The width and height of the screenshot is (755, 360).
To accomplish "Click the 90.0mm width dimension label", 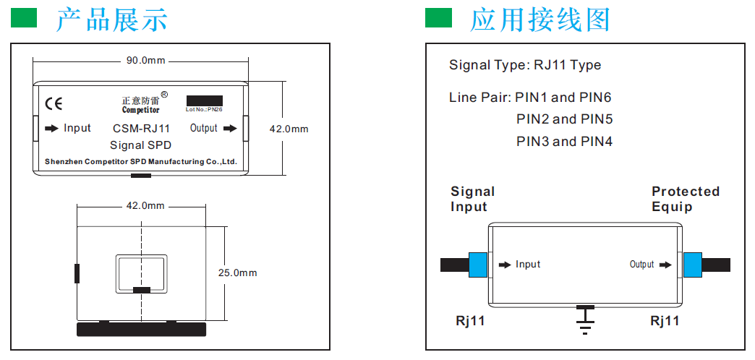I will pyautogui.click(x=146, y=61).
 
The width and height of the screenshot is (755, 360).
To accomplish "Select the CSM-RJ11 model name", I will pyautogui.click(x=142, y=129).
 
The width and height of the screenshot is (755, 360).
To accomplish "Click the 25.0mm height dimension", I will pyautogui.click(x=237, y=273).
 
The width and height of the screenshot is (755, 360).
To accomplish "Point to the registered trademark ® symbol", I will pyautogui.click(x=164, y=95).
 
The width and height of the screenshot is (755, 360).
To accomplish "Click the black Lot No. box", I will pyautogui.click(x=204, y=100).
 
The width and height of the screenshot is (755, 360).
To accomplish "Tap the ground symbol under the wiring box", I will pyautogui.click(x=585, y=319).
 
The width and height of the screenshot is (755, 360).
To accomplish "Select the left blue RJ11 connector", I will pyautogui.click(x=478, y=265).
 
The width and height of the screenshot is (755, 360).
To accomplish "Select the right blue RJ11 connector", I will pyautogui.click(x=692, y=265).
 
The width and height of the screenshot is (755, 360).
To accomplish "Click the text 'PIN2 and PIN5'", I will pyautogui.click(x=564, y=119).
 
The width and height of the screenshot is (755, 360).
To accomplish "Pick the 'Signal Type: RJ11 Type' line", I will pyautogui.click(x=525, y=65).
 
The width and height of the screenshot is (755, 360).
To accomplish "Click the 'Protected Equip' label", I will pyautogui.click(x=685, y=199).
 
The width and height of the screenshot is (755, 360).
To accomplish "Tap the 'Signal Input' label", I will pyautogui.click(x=472, y=199).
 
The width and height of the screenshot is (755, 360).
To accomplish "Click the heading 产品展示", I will pyautogui.click(x=112, y=19).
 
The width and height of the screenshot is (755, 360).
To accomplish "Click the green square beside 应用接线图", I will pyautogui.click(x=438, y=18).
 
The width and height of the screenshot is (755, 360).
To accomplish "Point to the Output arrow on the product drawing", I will pyautogui.click(x=230, y=129).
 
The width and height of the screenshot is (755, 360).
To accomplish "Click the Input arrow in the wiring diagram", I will pyautogui.click(x=504, y=265).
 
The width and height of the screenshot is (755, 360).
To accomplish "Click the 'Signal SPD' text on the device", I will pyautogui.click(x=141, y=145).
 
